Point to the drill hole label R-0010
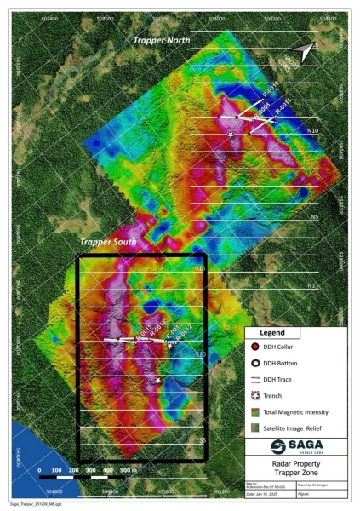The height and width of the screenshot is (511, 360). click(270, 92)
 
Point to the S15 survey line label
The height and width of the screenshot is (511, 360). click(201, 269)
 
